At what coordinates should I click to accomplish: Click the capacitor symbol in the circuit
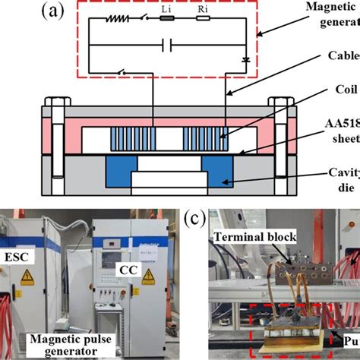point(169,46)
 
